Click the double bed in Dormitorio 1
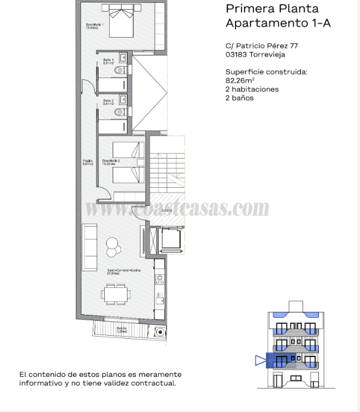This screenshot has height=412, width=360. pos(126,24)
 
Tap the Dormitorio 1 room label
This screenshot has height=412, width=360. pos(95,26)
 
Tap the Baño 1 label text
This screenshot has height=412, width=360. pos(107,61)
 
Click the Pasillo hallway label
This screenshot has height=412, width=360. pos(88,162)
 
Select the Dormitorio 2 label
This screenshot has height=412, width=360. pos(111,162)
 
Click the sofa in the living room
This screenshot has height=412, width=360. pos(89,239)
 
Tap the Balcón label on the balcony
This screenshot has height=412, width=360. pos(122,329)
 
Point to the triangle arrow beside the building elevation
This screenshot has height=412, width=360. pos(259,360)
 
